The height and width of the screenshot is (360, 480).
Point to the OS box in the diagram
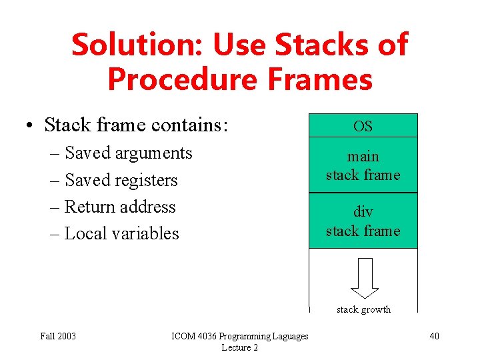tap(363, 126)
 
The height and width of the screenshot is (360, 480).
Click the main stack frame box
tap(363, 165)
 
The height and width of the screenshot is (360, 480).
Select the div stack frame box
tap(363, 221)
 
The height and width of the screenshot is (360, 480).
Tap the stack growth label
tap(363, 309)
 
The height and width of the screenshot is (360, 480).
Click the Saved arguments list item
tap(128, 153)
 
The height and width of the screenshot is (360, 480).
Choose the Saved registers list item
tap(121, 180)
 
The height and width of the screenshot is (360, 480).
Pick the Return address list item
tap(120, 207)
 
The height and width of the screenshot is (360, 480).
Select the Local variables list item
tap(121, 233)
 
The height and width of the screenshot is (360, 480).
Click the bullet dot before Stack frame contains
tap(31, 125)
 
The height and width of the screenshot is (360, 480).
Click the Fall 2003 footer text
tap(58, 336)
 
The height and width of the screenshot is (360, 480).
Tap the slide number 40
tap(434, 336)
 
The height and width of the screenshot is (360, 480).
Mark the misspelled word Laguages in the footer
tap(288, 336)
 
